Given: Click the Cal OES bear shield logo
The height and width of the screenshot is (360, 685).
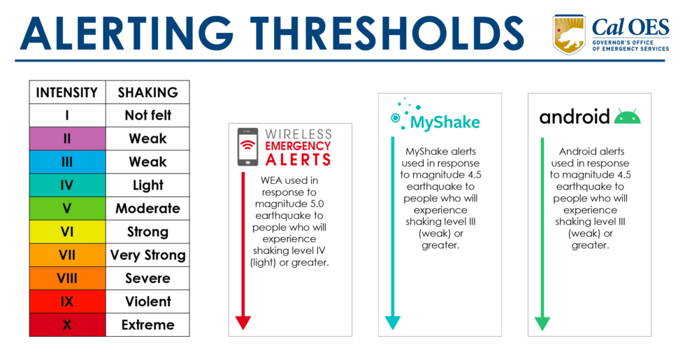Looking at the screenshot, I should click(x=569, y=34).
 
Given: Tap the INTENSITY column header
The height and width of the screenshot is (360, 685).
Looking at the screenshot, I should click(x=67, y=92).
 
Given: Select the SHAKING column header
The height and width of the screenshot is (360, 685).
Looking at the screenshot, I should click(x=147, y=92).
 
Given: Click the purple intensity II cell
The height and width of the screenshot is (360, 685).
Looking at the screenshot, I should click(x=67, y=138).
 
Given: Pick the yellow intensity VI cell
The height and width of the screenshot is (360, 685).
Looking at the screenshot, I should click(x=67, y=231).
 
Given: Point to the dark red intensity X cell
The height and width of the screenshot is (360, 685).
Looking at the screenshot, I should click(x=67, y=324).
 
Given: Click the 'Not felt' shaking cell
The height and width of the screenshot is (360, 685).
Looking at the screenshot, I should click(x=147, y=115).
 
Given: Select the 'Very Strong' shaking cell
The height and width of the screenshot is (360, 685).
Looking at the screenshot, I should click(x=147, y=254).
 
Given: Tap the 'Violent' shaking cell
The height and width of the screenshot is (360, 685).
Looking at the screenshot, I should click(x=147, y=301).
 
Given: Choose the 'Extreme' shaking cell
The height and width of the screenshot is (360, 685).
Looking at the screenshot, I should click(x=147, y=324).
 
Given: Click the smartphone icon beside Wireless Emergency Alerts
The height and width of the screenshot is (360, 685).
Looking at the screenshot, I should click(x=247, y=147).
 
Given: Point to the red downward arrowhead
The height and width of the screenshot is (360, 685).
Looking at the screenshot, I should click(x=243, y=322).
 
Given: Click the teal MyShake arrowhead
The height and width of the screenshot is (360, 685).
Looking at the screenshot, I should click(x=392, y=322).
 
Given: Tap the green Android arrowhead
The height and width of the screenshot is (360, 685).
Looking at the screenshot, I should click(x=542, y=323).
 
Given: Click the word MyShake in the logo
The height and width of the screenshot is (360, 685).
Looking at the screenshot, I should click(x=445, y=123).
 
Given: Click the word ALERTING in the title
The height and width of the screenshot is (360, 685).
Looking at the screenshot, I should click(x=123, y=33).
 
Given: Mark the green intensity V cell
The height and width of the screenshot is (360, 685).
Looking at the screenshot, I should click(x=67, y=208).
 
